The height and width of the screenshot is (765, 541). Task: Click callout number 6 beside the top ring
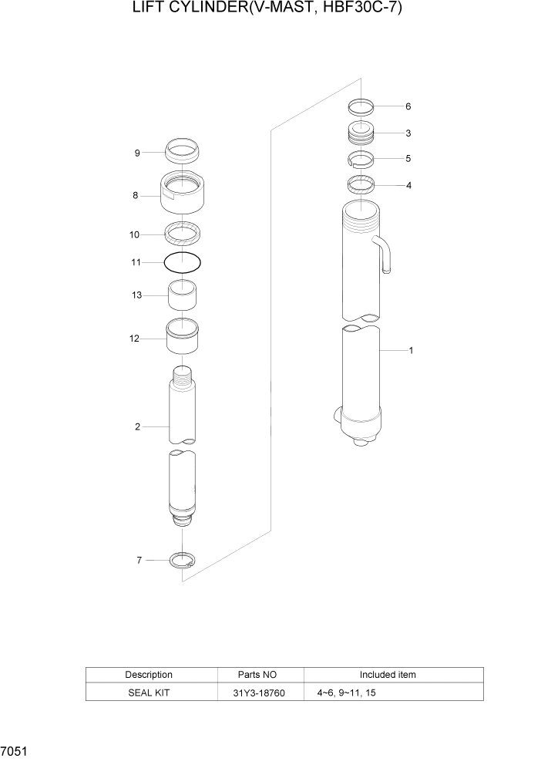[x=408, y=106]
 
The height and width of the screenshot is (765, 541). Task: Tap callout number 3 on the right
[x=408, y=133]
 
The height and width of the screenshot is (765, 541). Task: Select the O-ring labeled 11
[x=183, y=262]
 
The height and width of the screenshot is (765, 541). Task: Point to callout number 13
[x=137, y=295]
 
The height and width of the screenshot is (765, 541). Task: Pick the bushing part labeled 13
[x=183, y=295]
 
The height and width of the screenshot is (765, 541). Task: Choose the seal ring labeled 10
[x=183, y=232]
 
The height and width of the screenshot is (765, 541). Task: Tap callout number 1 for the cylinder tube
[x=411, y=351]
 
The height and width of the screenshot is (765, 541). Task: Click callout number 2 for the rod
[x=137, y=426]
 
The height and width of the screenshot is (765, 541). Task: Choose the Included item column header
[x=388, y=675]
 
